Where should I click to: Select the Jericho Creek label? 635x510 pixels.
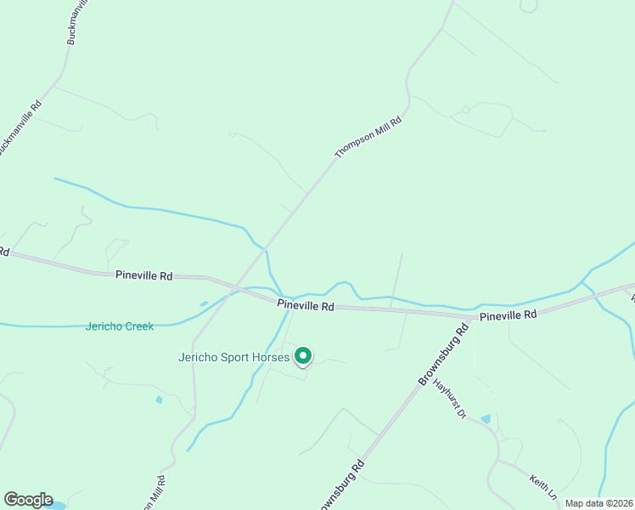point(120,326)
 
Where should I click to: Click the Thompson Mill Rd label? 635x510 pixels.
point(367,138)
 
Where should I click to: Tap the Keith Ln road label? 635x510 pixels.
point(543,486)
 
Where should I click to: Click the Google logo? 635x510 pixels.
point(28,500)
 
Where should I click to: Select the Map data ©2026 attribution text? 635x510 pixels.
point(598,503)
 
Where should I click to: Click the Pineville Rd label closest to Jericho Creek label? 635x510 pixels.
point(144,275)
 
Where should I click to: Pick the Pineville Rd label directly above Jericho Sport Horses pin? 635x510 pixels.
point(306,306)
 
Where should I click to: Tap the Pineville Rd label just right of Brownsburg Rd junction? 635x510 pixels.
point(509,314)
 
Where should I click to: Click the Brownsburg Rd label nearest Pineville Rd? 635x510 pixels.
point(443,355)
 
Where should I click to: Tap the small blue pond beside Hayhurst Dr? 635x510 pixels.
point(485,419)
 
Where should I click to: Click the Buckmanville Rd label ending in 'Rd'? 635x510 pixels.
point(19,127)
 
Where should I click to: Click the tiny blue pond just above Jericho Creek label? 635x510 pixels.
point(203,303)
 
